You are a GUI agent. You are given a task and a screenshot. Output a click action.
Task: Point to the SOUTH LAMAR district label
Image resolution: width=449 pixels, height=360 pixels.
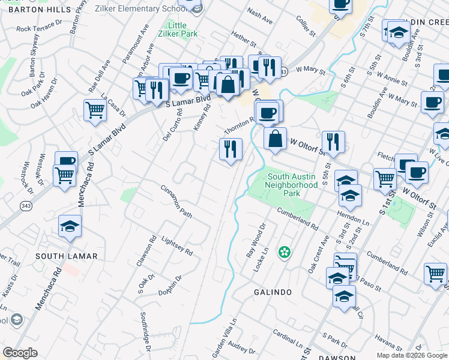[x=66, y=256]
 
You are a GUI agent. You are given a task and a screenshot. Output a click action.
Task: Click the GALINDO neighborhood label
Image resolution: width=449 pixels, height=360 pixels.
[x=273, y=292]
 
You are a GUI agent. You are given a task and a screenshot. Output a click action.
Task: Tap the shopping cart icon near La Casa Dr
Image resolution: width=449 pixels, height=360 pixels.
[x=95, y=111]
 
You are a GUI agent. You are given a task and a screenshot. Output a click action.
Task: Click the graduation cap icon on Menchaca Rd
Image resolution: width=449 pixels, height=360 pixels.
[x=70, y=226]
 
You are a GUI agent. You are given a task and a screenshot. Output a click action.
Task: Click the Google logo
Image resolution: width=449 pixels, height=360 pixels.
[x=20, y=353]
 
